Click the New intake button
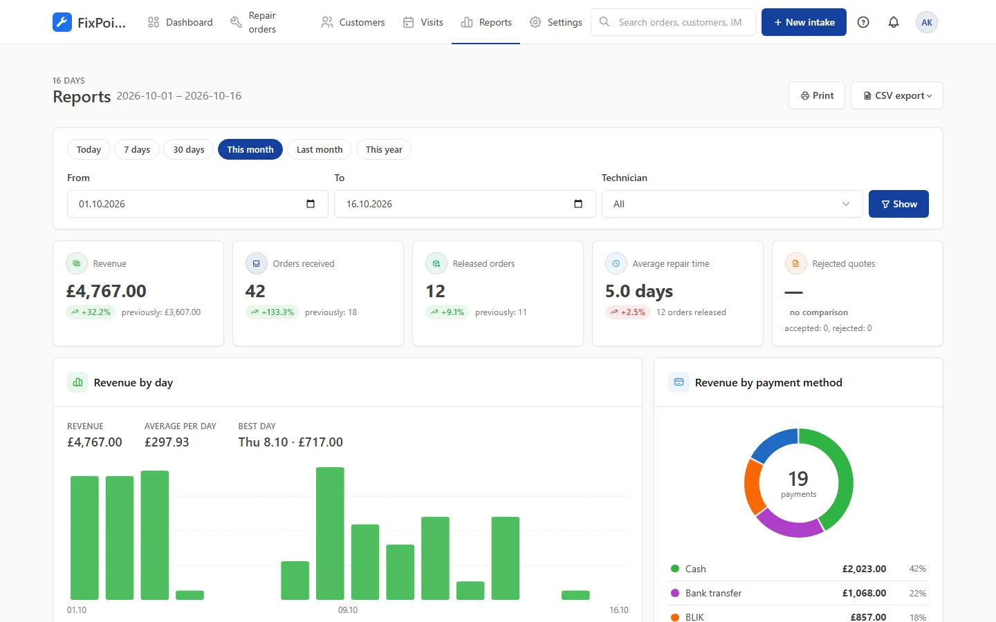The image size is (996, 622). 804,22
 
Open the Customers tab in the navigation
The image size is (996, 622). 353,22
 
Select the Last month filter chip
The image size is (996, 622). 320,149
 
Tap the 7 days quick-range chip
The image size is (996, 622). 137,149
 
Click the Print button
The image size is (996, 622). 817,95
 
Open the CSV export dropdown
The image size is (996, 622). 897,95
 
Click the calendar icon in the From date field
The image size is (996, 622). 311,204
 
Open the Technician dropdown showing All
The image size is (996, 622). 732,204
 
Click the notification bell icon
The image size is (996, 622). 894,22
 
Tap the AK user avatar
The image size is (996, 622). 927,22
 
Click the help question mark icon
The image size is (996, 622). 863,22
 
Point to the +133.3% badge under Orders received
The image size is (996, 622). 273,312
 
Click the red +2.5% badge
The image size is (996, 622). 628,312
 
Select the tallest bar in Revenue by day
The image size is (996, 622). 330,533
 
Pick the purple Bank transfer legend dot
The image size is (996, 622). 675,593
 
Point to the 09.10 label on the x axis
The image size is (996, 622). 348,610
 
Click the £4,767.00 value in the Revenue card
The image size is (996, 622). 107,291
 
